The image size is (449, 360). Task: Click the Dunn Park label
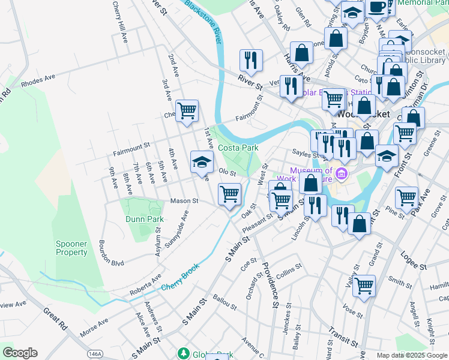pos(145,220)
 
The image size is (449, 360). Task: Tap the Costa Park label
pos(238,148)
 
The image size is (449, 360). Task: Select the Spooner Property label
pos(71,248)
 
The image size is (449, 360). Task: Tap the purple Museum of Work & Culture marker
pos(342,175)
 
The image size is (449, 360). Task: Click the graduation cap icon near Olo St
pos(202,161)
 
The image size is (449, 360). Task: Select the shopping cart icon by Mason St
pos(229,194)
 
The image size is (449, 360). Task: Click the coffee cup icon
pos(376,7)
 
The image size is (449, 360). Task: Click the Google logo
pos(20,353)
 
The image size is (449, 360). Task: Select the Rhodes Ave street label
pos(38,81)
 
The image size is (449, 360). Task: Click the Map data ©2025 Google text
pos(411,355)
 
